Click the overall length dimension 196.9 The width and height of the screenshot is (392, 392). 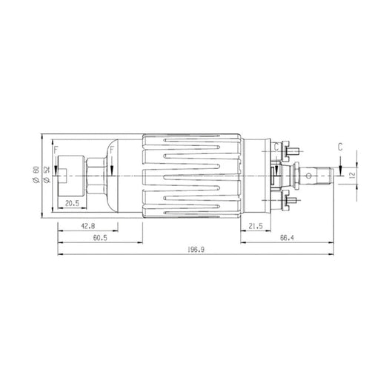tap(197, 250)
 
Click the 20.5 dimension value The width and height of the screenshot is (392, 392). tap(73, 203)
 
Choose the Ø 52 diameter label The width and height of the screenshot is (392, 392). tap(46, 176)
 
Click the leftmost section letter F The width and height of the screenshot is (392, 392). tap(56, 151)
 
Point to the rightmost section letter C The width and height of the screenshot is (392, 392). tap(339, 147)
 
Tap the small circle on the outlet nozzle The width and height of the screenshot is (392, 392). tap(307, 175)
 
